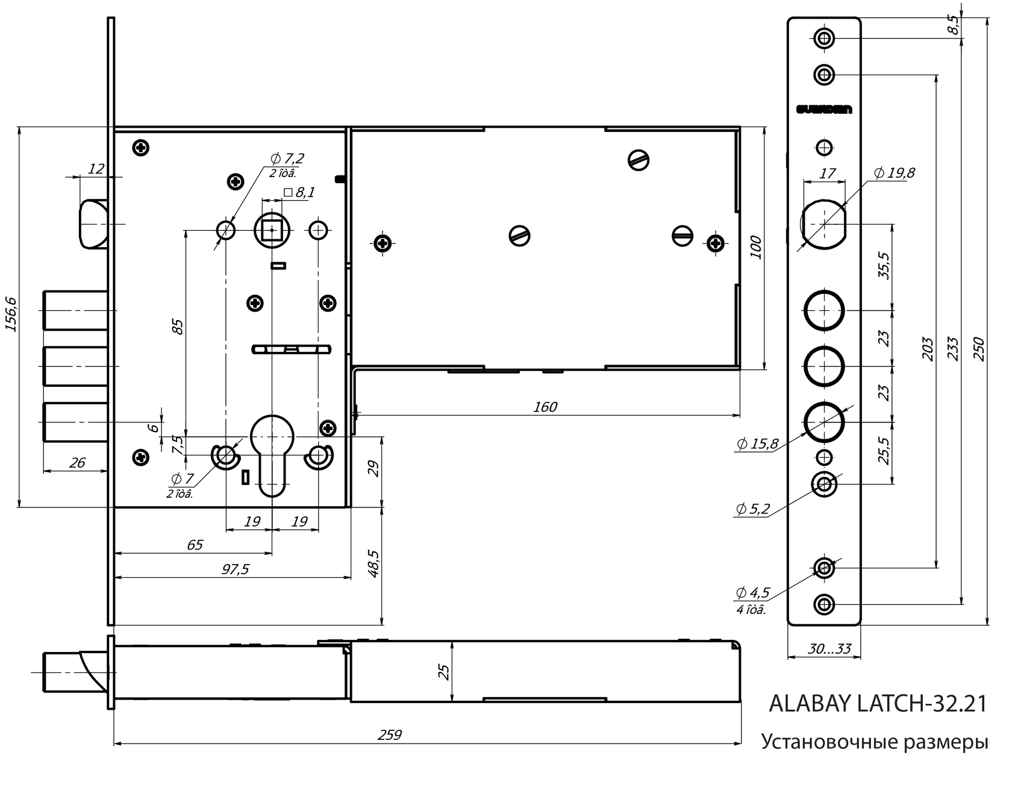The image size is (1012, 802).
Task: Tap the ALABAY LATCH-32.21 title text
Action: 878,704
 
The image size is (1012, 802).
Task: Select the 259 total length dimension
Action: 389,735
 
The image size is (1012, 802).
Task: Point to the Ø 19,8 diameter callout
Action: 894,174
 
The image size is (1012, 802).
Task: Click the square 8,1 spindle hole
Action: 272,230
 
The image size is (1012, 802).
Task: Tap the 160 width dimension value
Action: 545,407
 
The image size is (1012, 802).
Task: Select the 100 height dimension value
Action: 757,248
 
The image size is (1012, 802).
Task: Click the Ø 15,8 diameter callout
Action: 757,445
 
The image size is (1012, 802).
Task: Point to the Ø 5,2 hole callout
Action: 752,509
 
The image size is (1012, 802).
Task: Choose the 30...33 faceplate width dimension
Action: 829,648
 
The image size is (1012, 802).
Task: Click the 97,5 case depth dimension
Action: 235,569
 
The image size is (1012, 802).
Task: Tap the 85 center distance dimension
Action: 178,327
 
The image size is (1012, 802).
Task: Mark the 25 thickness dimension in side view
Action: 443,672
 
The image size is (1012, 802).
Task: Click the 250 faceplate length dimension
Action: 979,349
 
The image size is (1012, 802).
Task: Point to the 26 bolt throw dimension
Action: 77,463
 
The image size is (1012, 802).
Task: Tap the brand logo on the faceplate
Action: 823,110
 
